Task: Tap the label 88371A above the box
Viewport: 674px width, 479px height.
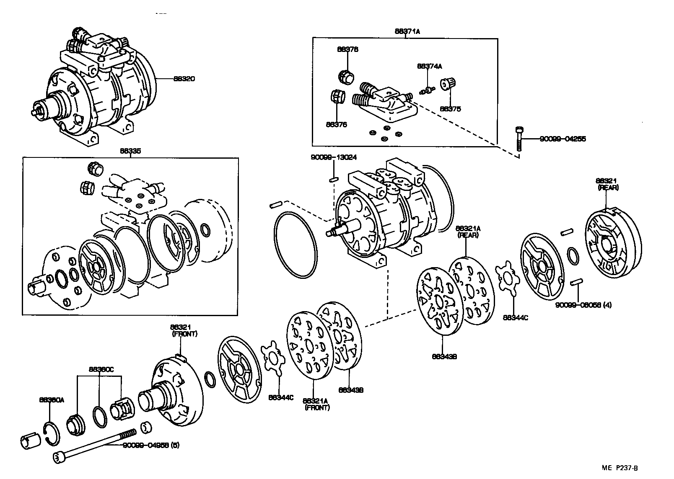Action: click(407, 31)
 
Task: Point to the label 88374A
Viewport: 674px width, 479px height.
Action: click(429, 66)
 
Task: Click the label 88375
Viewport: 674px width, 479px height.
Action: click(450, 109)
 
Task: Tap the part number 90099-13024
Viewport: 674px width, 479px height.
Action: click(334, 157)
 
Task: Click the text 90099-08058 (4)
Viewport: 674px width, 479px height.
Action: click(583, 305)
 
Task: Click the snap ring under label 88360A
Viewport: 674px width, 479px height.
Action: click(52, 433)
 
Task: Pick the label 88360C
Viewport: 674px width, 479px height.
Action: click(101, 369)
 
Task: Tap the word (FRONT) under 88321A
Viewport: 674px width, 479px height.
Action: click(317, 407)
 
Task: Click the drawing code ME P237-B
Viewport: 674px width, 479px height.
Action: click(622, 468)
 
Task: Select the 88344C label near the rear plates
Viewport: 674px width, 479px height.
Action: click(515, 317)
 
